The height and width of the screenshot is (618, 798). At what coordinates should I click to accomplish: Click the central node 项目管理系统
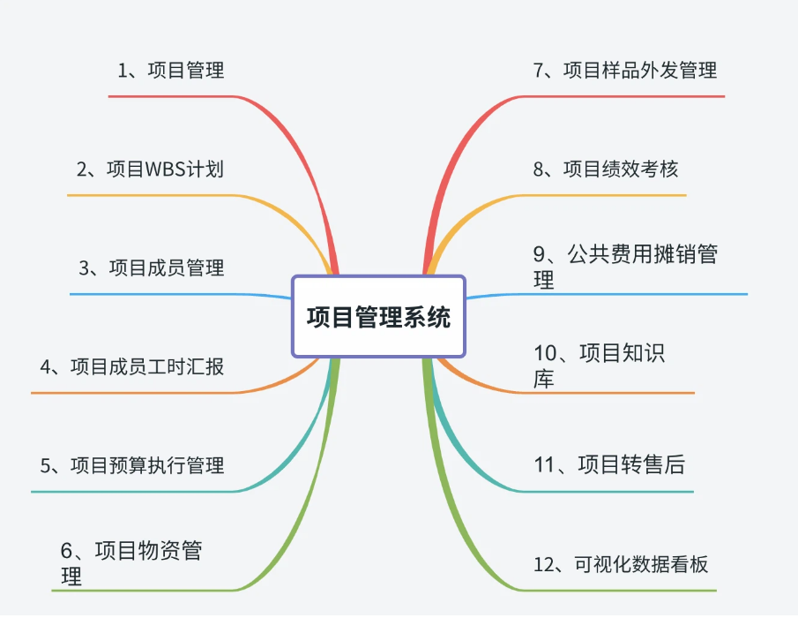pyautogui.click(x=378, y=316)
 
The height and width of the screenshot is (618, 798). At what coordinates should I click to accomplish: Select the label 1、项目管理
pyautogui.click(x=171, y=71)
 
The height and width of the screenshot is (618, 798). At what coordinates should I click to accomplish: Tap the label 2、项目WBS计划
pyautogui.click(x=150, y=170)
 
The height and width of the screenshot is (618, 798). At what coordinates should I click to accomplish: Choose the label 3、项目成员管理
pyautogui.click(x=151, y=268)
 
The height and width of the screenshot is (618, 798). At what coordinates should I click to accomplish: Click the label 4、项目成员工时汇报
pyautogui.click(x=131, y=366)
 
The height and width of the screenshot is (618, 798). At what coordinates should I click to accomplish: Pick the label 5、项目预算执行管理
pyautogui.click(x=131, y=465)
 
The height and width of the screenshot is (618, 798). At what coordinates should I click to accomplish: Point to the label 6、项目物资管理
pyautogui.click(x=131, y=563)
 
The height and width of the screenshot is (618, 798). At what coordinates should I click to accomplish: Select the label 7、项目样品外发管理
pyautogui.click(x=625, y=71)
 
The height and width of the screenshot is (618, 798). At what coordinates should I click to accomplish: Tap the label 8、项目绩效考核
pyautogui.click(x=606, y=170)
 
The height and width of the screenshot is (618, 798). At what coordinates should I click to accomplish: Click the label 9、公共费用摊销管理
pyautogui.click(x=625, y=267)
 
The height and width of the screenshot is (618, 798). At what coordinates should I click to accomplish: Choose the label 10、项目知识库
pyautogui.click(x=599, y=366)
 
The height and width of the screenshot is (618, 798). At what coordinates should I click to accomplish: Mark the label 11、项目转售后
pyautogui.click(x=609, y=464)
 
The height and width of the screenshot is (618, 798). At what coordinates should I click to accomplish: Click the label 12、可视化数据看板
pyautogui.click(x=621, y=564)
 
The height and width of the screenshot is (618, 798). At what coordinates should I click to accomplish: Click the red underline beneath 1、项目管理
pyautogui.click(x=172, y=96)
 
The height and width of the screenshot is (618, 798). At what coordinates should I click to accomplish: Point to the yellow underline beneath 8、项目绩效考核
pyautogui.click(x=602, y=195)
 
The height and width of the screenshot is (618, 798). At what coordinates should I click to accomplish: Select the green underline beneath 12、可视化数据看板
pyautogui.click(x=618, y=591)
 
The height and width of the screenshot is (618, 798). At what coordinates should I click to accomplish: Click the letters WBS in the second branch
pyautogui.click(x=166, y=170)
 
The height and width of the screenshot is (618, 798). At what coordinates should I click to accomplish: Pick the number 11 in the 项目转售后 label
pyautogui.click(x=543, y=465)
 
